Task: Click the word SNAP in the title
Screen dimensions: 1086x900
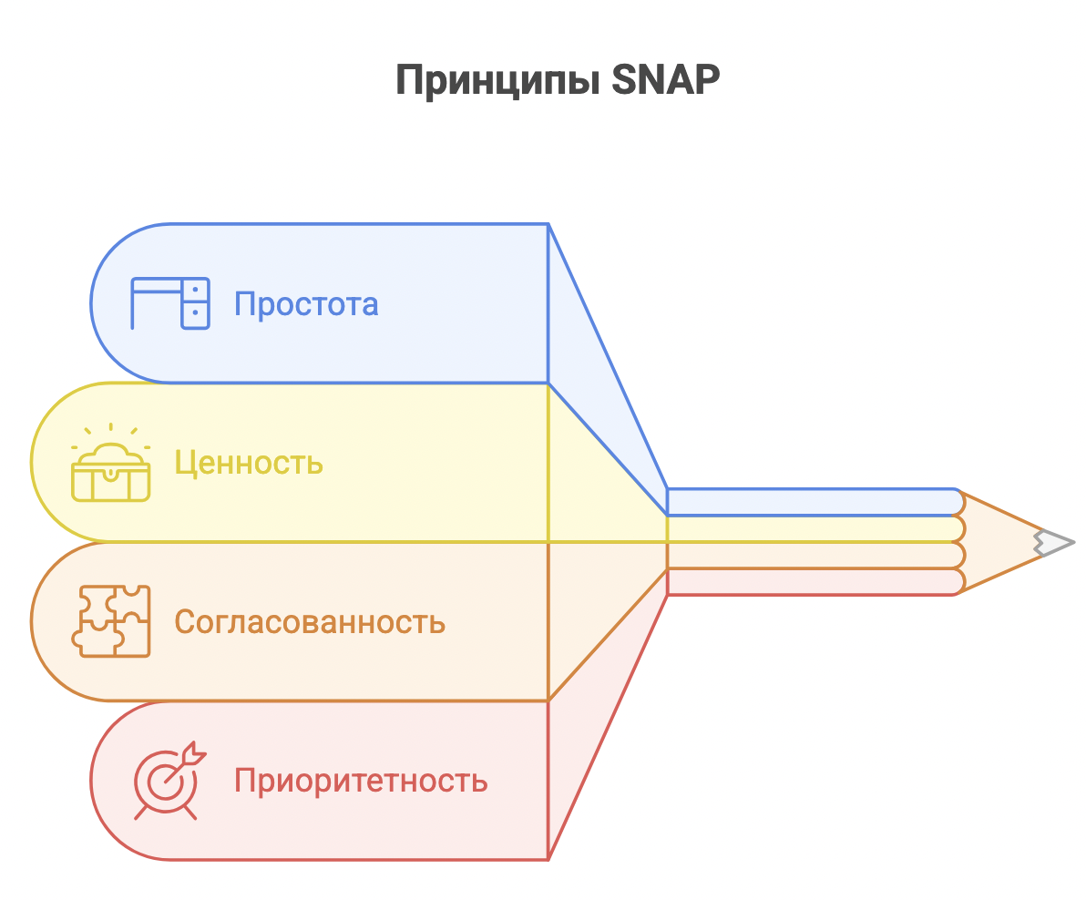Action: point(666,79)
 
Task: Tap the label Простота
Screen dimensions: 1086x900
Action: point(306,304)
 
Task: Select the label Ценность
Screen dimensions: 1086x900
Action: point(249,463)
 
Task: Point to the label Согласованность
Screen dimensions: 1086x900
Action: point(310,621)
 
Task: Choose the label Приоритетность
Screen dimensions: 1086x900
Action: point(361,781)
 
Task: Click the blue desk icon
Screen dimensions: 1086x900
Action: point(170,303)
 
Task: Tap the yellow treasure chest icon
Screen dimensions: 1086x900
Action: point(111,463)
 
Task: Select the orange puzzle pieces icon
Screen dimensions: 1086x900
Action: point(111,621)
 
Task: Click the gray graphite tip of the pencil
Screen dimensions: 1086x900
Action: point(1054,543)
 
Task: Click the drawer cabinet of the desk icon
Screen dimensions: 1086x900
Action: point(195,303)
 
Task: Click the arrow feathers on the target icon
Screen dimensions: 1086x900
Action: point(195,752)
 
